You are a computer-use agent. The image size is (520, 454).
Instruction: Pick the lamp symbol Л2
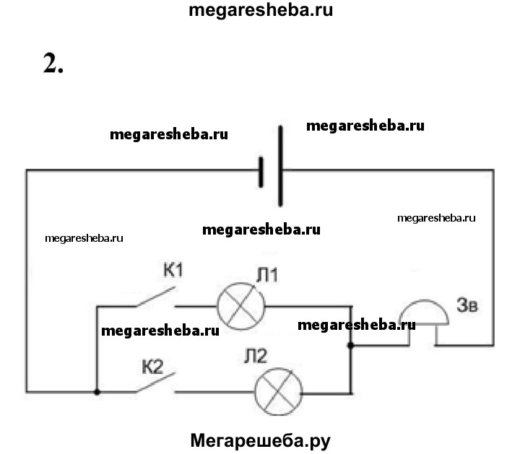278,392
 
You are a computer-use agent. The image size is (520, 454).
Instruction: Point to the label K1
174,272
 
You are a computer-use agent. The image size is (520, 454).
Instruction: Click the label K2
153,359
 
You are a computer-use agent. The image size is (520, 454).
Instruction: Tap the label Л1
267,275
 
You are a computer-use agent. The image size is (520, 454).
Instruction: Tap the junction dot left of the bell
350,346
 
